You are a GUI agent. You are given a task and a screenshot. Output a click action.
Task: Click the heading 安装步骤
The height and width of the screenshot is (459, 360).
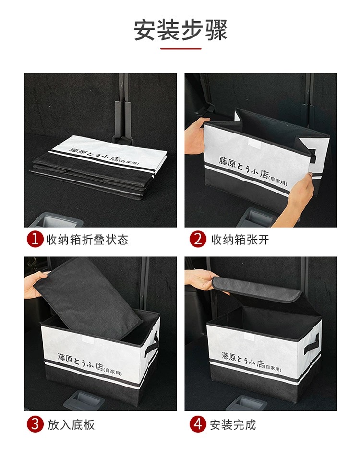tap(180, 30)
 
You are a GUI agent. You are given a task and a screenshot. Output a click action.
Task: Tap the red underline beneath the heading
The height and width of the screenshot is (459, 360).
tap(180, 48)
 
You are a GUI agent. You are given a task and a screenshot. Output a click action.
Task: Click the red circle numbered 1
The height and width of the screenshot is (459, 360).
tap(35, 240)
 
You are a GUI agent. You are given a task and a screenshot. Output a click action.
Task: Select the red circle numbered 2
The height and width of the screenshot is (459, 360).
tap(198, 240)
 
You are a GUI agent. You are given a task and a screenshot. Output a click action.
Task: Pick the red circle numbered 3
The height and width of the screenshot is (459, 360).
tap(35, 424)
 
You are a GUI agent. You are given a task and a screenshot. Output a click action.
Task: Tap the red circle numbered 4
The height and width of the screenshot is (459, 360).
tap(198, 424)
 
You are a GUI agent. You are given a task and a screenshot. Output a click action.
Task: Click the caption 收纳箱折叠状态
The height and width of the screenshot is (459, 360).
tap(87, 240)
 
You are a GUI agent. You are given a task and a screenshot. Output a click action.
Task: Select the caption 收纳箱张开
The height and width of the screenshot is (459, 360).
tap(240, 240)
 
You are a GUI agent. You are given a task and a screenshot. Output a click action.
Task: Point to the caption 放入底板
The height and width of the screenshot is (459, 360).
tap(71, 424)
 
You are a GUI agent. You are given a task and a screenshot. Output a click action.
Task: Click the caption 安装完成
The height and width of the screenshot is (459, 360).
tap(233, 424)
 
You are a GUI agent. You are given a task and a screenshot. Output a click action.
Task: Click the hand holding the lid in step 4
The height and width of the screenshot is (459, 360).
tap(202, 279)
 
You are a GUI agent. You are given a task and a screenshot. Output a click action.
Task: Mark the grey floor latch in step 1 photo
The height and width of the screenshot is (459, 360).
tap(55, 220)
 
